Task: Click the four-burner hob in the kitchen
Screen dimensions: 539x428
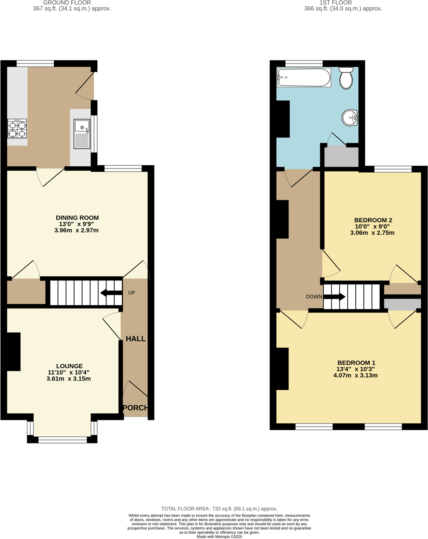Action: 17,128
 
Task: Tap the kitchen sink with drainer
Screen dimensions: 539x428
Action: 82,134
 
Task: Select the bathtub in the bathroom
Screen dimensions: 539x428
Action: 304,78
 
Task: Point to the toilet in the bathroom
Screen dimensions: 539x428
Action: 346,78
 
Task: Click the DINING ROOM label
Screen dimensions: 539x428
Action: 77,218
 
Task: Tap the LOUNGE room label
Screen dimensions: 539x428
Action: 69,366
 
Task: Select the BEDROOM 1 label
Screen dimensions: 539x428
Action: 356,363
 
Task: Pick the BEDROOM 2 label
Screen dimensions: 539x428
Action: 373,220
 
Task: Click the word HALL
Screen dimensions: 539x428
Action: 136,339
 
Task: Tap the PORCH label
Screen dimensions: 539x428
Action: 136,408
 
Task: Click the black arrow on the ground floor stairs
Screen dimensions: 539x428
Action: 111,293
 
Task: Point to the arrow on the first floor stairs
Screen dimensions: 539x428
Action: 335,297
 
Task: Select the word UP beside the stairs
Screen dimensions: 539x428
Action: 132,293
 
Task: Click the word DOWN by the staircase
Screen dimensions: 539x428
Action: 314,297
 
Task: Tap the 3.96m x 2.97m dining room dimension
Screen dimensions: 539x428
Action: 76,230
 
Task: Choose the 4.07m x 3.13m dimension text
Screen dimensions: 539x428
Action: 355,375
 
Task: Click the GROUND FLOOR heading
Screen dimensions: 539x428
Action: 67,3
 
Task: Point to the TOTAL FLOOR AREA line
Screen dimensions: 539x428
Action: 219,509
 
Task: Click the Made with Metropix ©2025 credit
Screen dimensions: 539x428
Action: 219,537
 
